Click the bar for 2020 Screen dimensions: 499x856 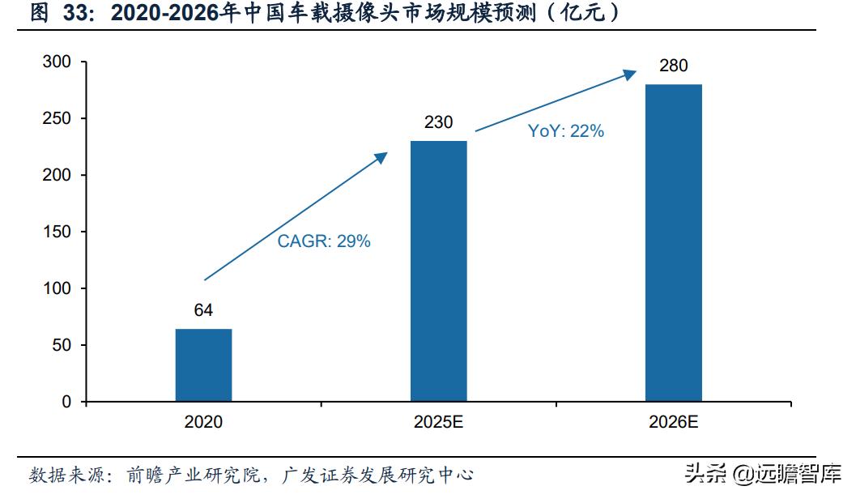point(203,365)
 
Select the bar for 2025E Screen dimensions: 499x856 point(438,271)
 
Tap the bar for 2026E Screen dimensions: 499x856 point(673,242)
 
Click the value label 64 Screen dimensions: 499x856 point(203,310)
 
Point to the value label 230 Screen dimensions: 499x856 point(438,122)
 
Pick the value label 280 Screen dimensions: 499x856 point(673,66)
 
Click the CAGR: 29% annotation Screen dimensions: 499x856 point(324,241)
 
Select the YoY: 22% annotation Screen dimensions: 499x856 point(566,131)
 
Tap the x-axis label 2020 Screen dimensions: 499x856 point(203,422)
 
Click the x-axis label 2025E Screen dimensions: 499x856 point(438,422)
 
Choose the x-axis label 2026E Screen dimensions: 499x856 point(673,422)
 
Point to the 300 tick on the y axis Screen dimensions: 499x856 point(57,62)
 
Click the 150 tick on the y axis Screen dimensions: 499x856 point(57,232)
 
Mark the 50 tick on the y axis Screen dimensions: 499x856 point(62,345)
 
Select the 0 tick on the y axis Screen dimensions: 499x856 point(66,402)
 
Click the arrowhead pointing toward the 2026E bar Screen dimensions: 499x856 point(630,75)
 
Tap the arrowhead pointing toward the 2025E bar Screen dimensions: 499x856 point(381,157)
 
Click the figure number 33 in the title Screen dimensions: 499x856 point(75,13)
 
